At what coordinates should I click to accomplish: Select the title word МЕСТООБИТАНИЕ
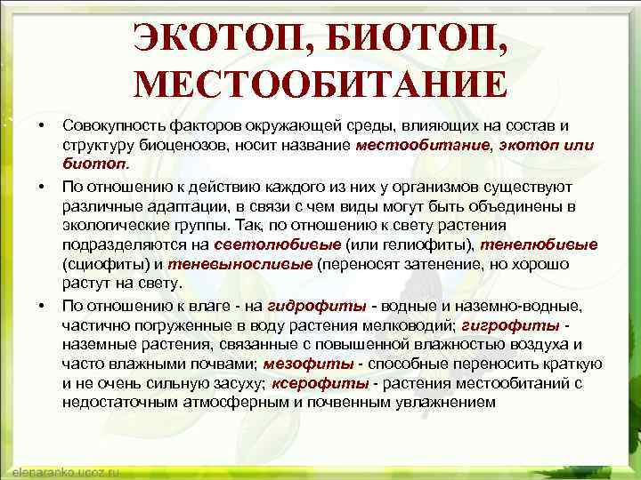[320, 85]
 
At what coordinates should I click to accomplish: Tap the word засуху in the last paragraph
[233, 383]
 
